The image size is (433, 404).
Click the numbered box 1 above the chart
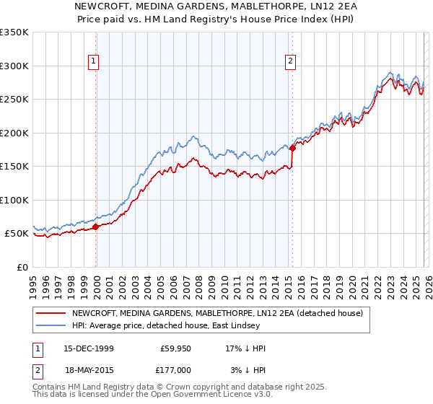click(95, 62)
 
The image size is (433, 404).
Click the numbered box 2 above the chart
click(290, 62)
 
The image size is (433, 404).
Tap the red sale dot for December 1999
click(96, 227)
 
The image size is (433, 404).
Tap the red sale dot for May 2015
click(292, 149)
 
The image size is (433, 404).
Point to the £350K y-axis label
click(14, 32)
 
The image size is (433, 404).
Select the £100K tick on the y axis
click(14, 200)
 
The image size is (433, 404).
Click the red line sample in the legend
click(51, 313)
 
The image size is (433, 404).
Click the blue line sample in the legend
click(51, 325)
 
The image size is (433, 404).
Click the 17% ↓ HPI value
click(245, 348)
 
